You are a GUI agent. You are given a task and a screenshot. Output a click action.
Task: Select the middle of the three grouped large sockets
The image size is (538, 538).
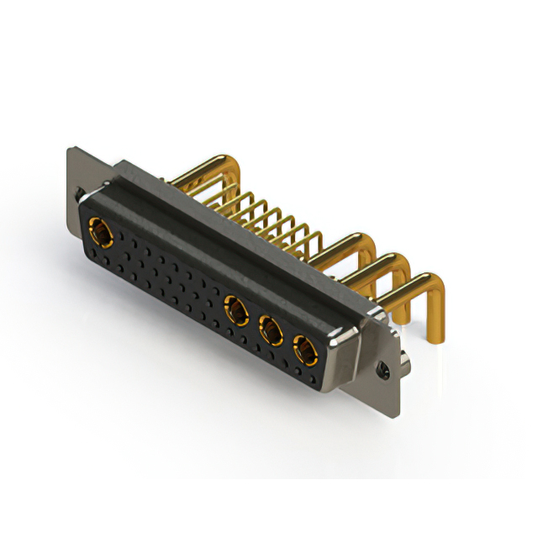click(270, 331)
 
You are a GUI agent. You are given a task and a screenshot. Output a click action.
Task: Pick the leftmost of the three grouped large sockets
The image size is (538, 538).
click(236, 313)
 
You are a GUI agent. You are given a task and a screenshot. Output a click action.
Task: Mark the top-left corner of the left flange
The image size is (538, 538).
click(69, 150)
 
